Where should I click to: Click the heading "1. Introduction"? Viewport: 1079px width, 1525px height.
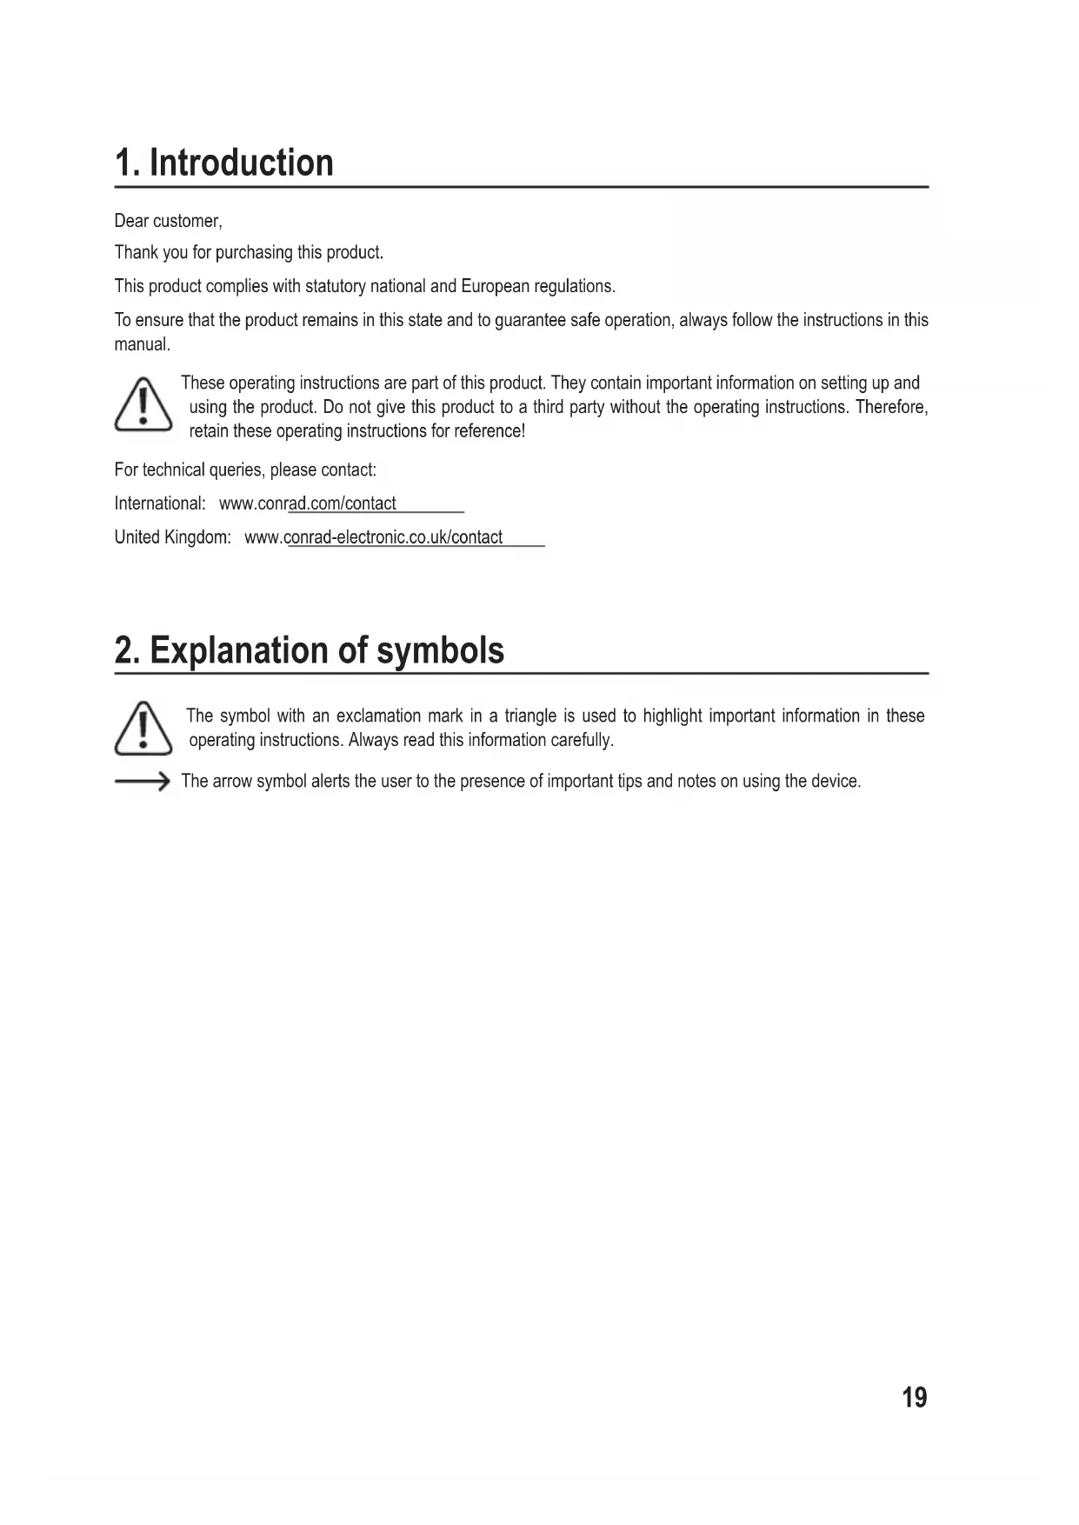[x=224, y=163]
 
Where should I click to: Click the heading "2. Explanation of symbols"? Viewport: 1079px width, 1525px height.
[x=309, y=650]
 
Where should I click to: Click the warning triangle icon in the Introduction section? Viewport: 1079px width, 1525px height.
[x=143, y=406]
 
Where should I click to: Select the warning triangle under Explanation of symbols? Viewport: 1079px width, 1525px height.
[x=143, y=728]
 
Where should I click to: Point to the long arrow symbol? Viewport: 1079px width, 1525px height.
[x=142, y=782]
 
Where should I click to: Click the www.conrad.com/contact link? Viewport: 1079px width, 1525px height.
[x=308, y=503]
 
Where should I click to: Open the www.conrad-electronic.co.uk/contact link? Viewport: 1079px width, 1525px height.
[x=374, y=537]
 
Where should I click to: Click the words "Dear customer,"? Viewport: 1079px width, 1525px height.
[x=169, y=221]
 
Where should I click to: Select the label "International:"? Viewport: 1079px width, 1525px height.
[x=160, y=503]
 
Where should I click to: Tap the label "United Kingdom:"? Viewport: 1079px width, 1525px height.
[x=172, y=537]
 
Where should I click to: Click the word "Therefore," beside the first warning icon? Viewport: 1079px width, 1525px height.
[x=891, y=407]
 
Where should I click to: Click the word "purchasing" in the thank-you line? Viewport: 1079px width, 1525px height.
[x=254, y=253]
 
